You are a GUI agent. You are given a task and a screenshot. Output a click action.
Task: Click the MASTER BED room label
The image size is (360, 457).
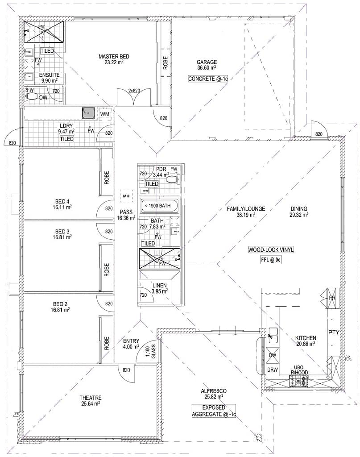(114, 59)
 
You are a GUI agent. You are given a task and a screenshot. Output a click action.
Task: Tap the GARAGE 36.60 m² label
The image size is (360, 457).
(207, 65)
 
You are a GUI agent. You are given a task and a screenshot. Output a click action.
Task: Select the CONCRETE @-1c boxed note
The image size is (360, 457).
(208, 79)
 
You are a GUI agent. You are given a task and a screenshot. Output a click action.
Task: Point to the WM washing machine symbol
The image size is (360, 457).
(104, 114)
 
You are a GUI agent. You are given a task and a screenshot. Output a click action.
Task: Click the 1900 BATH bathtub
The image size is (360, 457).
(159, 205)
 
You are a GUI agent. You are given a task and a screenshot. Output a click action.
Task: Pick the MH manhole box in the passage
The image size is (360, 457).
(126, 196)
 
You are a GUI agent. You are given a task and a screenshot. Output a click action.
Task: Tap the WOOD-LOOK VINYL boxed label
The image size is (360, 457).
(271, 250)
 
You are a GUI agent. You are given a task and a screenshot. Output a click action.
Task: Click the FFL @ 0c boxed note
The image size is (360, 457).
(271, 260)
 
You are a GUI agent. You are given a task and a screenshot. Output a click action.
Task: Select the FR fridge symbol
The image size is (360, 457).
(332, 298)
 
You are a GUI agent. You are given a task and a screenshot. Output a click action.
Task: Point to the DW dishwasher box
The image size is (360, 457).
(272, 355)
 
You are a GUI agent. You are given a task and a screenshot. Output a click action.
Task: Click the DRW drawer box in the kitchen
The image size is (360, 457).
(272, 370)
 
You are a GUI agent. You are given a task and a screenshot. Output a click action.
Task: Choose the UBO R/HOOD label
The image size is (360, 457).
(299, 370)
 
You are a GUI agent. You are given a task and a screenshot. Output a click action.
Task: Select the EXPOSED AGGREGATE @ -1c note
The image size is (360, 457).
(214, 411)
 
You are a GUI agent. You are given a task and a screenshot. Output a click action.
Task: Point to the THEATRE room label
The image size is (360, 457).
(90, 400)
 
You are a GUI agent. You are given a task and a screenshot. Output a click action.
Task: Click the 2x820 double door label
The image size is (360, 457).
(134, 91)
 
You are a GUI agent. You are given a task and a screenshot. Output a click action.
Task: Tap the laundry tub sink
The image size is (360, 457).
(88, 112)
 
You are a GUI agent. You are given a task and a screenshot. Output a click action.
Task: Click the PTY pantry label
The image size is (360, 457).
(334, 332)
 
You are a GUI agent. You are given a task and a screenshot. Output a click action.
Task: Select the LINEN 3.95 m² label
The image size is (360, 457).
(159, 288)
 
